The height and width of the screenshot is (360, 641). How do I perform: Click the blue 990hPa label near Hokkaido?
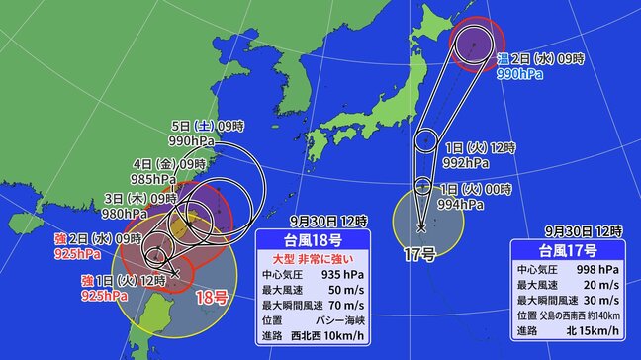pyautogui.click(x=525, y=74)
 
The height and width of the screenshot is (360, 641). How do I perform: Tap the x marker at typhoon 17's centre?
pyautogui.click(x=421, y=228)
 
